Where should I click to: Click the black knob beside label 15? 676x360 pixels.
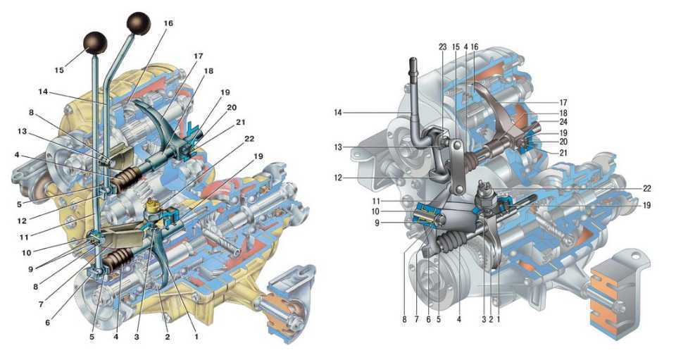[95, 43]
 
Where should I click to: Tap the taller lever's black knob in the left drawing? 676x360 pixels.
[138, 24]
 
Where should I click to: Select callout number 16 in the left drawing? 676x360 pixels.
[168, 23]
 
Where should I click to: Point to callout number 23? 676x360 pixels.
[442, 46]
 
